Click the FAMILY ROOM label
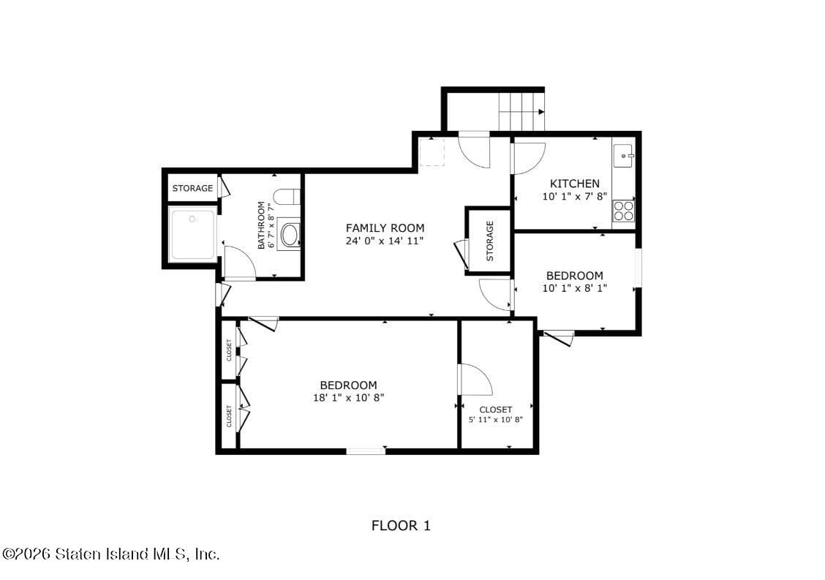(385, 228)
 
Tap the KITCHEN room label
(574, 184)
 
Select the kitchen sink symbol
(623, 156)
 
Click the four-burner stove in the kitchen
(623, 211)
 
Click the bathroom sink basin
(290, 235)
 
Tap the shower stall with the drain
(192, 234)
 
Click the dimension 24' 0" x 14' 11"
(385, 241)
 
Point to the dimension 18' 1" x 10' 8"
(348, 398)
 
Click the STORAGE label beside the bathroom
(192, 188)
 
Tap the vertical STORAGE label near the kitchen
(489, 241)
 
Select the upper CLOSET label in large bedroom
(229, 350)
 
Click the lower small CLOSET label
(229, 415)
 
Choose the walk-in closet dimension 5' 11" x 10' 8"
(495, 420)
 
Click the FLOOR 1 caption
(401, 525)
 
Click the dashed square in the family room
(432, 153)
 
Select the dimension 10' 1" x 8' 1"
(574, 288)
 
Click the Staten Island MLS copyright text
(110, 554)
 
